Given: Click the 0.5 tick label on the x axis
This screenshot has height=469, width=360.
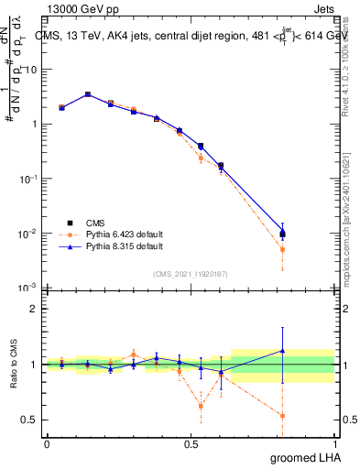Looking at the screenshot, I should tap(191, 444).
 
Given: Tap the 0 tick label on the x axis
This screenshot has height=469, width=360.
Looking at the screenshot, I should tap(48, 444).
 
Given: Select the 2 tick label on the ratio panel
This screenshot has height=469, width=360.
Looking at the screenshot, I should tap(33, 309).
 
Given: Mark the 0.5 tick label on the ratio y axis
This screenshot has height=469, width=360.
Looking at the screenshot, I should tap(28, 420).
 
